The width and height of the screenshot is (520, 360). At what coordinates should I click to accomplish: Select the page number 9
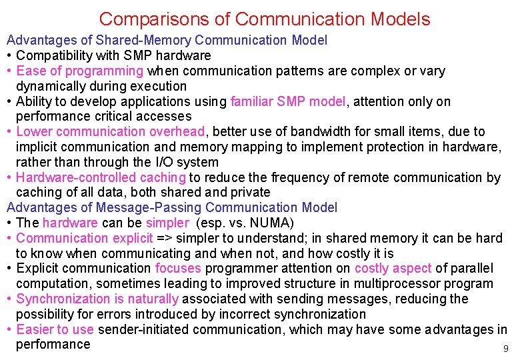click(505, 349)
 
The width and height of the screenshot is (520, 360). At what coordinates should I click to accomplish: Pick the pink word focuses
click(178, 269)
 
